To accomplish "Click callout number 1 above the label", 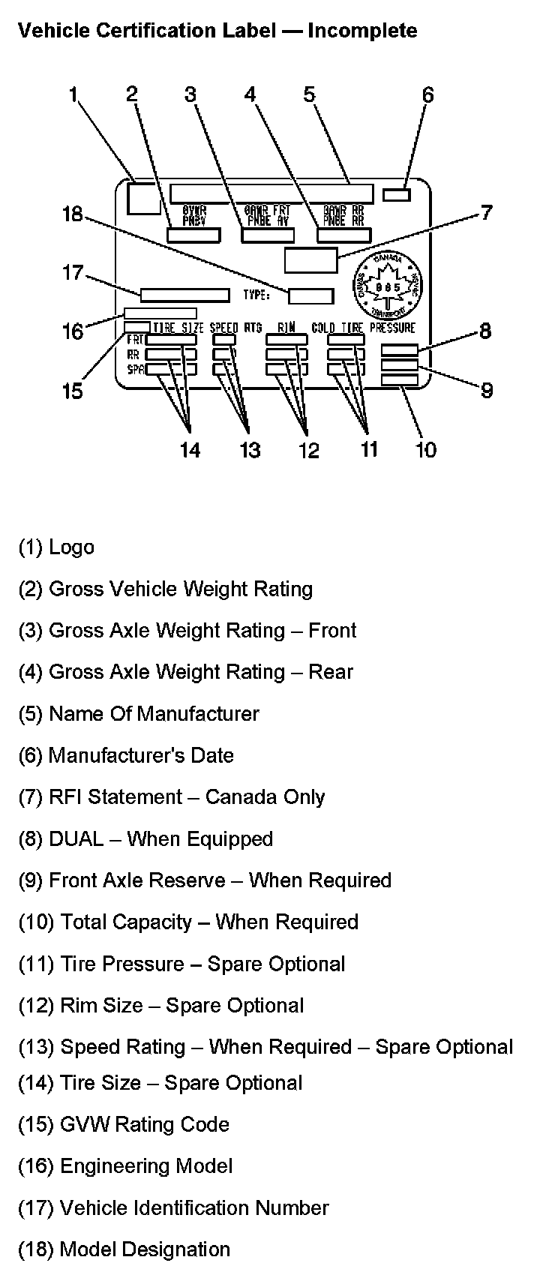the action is coord(73,94).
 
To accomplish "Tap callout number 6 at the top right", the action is coord(427,95).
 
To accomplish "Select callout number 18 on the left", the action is coord(73,214).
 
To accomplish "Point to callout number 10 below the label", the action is coord(425,449).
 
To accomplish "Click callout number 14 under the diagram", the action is coord(190,449).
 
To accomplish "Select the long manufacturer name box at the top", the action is coord(271,193).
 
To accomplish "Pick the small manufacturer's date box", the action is coord(397,195).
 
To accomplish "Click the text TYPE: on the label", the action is coord(256,295).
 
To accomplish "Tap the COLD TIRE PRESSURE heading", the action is coord(363,328).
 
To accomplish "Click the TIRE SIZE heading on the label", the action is coord(178,328).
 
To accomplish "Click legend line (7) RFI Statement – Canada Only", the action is coord(172,796).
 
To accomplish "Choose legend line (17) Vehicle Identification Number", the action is coord(173,1207).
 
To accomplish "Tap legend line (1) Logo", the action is coord(56,547).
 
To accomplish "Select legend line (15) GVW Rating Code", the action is coord(124,1124).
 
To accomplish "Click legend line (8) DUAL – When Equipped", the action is coord(145,838).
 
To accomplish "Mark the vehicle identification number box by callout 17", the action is coord(185,295).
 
